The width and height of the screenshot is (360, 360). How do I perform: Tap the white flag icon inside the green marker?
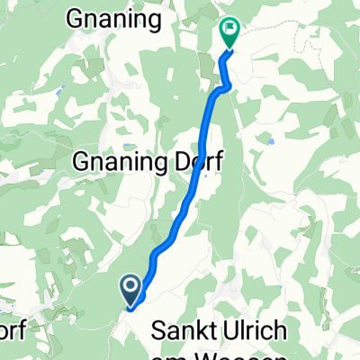(229, 30)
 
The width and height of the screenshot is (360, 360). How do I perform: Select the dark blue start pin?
(130, 290)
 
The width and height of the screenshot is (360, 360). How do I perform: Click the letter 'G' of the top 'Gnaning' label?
(77, 17)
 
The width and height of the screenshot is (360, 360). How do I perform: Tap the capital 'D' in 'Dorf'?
(176, 162)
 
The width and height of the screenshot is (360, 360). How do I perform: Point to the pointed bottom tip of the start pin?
(130, 307)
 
